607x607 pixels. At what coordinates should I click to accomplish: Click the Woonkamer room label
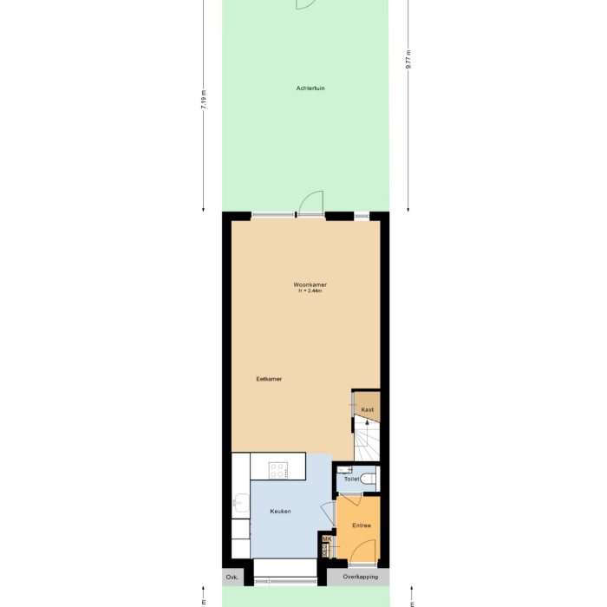click(310, 284)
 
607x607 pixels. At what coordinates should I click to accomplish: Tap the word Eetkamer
click(269, 379)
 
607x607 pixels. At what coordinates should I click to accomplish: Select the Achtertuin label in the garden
click(310, 88)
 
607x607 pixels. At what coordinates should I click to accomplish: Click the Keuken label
click(279, 511)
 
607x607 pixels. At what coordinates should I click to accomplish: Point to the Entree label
click(362, 525)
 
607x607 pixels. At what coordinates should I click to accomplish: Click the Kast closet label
click(367, 409)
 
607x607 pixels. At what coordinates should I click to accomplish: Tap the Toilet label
click(351, 479)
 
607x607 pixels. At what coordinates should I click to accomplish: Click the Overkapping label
click(360, 577)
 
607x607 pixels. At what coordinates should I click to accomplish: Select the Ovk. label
click(232, 577)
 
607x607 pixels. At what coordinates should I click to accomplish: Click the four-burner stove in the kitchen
click(278, 470)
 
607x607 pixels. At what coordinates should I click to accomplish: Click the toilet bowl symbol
click(369, 479)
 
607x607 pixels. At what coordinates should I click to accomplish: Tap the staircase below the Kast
click(366, 439)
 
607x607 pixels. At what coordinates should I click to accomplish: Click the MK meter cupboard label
click(326, 539)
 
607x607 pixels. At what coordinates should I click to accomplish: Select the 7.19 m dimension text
click(204, 100)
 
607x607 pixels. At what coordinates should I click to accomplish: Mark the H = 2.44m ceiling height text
click(310, 291)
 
